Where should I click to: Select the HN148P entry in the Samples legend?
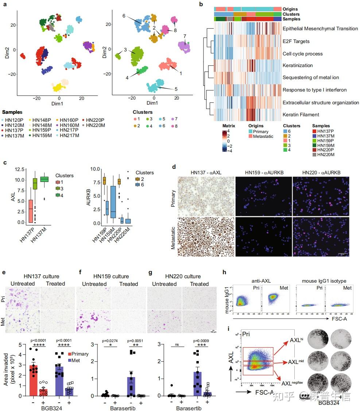42,120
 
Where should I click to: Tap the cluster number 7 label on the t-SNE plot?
185,36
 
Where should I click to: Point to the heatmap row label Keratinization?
298,66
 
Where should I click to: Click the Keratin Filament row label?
301,115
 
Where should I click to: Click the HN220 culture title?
182,276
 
